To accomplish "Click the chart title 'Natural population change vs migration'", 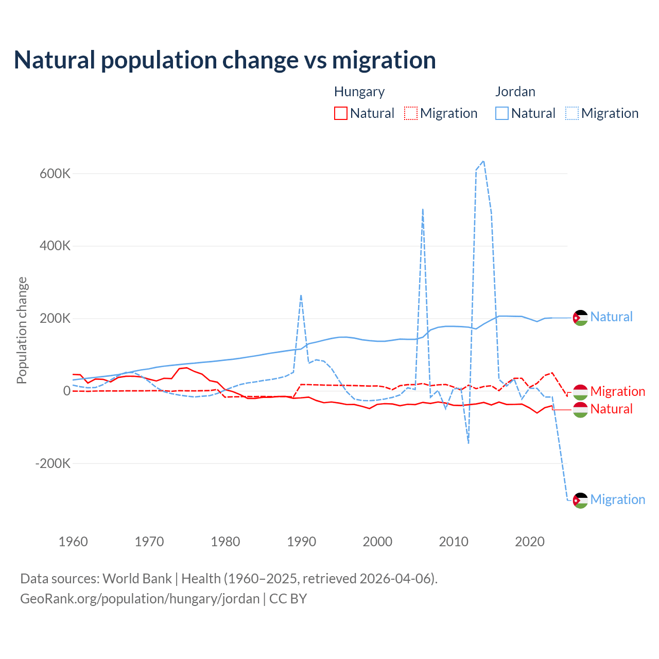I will [225, 60].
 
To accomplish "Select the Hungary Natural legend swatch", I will [341, 113].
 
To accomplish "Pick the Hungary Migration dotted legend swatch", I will [411, 113].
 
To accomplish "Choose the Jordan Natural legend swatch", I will [502, 113].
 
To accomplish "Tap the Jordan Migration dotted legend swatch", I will [572, 113].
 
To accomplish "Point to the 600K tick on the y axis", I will [55, 174].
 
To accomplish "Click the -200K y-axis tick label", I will [53, 463].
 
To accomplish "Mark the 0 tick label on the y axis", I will [67, 391].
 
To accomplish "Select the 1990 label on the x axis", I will [301, 542].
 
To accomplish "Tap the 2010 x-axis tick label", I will [454, 542].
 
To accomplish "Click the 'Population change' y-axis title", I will [22, 330].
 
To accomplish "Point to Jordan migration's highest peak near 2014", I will [483, 161].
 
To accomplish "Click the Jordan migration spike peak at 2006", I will [423, 209].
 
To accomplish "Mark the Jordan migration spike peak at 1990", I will [301, 295].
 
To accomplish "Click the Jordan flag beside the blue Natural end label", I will [580, 318].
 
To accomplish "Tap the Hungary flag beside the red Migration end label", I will [580, 392].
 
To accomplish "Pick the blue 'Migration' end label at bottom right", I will [618, 499].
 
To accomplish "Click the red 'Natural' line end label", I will [612, 409].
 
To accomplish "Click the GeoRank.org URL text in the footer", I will [140, 599].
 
